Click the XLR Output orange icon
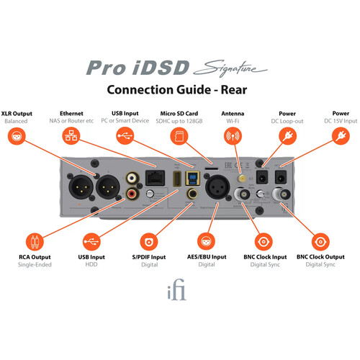point(17,136)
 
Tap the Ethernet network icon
point(71,136)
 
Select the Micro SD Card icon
point(179,136)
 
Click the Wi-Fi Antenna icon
point(233,136)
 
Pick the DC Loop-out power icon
point(287,136)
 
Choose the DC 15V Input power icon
point(341,136)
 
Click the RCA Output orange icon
point(35,241)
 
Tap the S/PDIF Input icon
point(149,241)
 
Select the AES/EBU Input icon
point(206,241)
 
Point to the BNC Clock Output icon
point(320,241)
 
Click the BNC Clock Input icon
point(264,241)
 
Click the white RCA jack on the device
point(132,178)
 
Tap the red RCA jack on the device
point(132,193)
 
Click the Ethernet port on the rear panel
point(156,178)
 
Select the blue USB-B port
point(192,178)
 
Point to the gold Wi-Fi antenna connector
point(241,179)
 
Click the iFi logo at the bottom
point(177,289)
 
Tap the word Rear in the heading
point(234,90)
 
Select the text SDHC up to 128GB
point(179,121)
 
